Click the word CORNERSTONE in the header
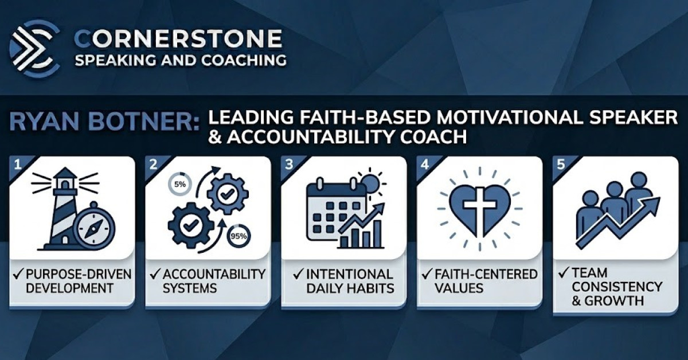[178, 39]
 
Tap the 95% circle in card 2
[238, 236]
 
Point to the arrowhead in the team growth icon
[651, 205]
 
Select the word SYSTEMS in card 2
[191, 287]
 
